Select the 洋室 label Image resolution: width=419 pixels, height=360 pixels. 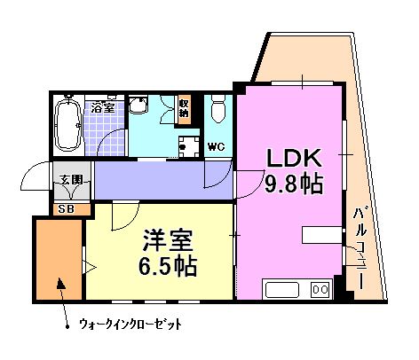coord(166,239)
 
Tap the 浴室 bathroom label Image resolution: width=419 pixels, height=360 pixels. coord(102,106)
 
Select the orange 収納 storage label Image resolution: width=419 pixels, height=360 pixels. coord(184,108)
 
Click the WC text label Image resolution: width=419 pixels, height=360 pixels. coord(216,145)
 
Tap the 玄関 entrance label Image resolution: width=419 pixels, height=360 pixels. coord(71,179)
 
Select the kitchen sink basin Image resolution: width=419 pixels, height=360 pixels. coord(283,290)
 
